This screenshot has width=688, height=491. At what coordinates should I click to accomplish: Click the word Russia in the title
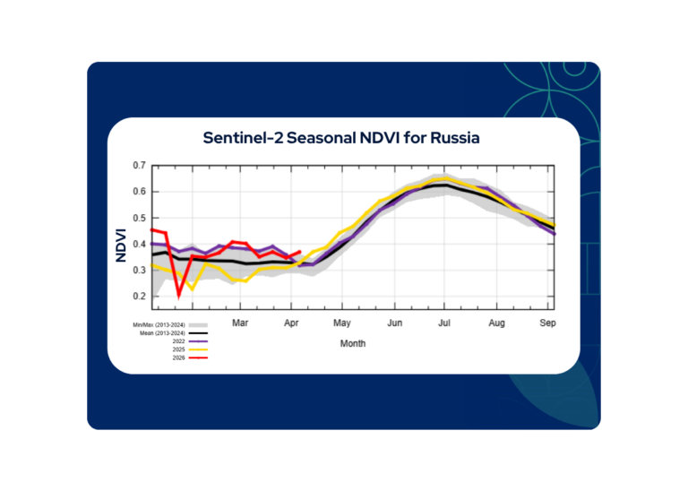454,139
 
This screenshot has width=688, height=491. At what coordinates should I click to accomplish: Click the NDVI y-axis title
122,243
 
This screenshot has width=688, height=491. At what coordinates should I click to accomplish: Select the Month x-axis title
353,343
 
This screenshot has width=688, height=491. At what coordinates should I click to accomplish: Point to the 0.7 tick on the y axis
139,166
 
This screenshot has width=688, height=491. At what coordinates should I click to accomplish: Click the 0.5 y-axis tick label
139,218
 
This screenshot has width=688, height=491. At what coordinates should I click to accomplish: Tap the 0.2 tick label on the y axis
139,297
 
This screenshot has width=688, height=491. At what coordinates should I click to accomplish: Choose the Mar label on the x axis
240,322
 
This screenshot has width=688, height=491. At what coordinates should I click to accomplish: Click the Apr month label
291,322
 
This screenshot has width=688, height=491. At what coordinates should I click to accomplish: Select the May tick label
341,322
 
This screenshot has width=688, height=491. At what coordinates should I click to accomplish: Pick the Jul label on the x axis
444,322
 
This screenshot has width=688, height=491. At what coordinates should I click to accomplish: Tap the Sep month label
547,322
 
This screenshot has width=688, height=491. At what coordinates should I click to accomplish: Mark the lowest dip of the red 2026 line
179,294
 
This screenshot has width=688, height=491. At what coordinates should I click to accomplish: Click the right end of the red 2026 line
300,252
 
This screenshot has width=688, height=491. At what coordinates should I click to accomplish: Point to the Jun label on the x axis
393,322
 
